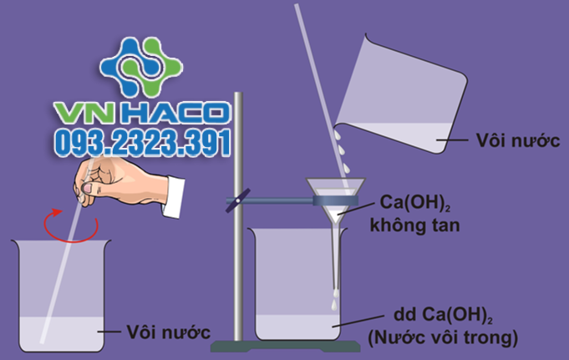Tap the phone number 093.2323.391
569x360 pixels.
[x=142, y=144]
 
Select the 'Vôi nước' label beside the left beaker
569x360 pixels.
[x=167, y=332]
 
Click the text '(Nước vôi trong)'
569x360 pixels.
[x=442, y=337]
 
